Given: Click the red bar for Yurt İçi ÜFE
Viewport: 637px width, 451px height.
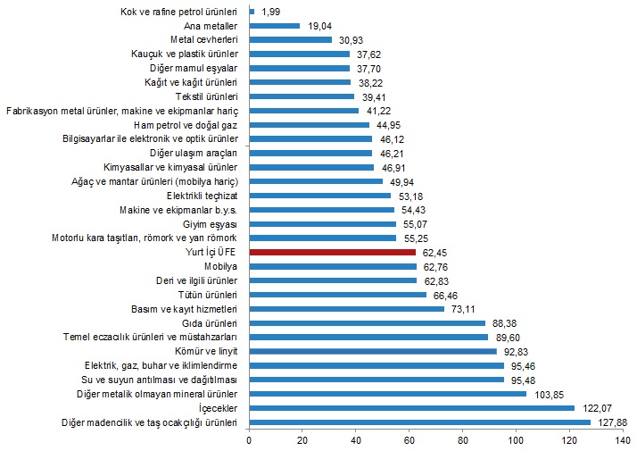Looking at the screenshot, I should click(x=332, y=253).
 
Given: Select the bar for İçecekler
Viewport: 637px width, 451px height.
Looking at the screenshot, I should click(x=412, y=407).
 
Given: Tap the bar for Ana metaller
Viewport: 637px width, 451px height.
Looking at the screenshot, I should click(x=275, y=26).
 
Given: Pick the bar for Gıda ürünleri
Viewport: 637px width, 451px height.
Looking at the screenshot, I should click(x=368, y=323).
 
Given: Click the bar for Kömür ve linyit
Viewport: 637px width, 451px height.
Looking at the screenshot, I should click(x=373, y=351).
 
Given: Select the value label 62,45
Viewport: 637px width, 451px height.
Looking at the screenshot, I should click(x=434, y=253).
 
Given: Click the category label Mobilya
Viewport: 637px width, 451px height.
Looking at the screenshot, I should click(x=221, y=266).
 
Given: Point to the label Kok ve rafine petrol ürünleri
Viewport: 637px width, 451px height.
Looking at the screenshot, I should click(x=178, y=12).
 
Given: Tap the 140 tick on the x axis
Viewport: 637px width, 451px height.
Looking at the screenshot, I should click(x=624, y=440).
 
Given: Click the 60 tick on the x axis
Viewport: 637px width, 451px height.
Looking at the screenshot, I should click(x=410, y=440).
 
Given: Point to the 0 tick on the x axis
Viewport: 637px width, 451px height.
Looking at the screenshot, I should click(x=250, y=440).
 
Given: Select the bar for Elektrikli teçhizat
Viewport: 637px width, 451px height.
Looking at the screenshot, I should click(x=320, y=196).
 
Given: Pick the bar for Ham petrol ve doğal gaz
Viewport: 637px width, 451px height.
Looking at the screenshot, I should click(x=310, y=125).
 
